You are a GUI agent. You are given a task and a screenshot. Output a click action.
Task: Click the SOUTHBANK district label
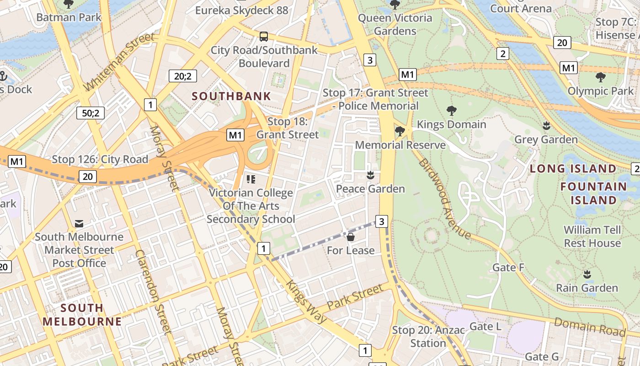click(x=231, y=97)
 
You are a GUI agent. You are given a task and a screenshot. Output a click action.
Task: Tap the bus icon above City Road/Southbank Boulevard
click(x=264, y=36)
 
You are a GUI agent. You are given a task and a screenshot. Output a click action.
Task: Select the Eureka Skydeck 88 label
click(x=242, y=10)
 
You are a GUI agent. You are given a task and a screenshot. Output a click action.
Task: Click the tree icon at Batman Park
click(x=69, y=5)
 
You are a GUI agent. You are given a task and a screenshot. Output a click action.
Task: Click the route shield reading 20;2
click(x=182, y=76)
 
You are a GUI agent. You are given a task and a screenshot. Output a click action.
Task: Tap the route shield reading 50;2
click(x=91, y=113)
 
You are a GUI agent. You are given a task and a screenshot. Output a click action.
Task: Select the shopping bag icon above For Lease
click(x=351, y=237)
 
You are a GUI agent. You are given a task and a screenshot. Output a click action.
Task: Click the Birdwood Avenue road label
click(x=444, y=199)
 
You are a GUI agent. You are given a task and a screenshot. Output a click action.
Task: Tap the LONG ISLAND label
click(x=573, y=169)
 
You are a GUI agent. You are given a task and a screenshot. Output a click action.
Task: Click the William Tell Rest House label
click(x=592, y=236)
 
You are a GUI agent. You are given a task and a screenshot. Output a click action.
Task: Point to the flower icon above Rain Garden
click(x=587, y=274)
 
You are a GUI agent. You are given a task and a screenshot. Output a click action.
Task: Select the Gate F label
click(x=508, y=267)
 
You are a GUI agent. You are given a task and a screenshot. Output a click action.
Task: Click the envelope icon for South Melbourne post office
click(x=79, y=223)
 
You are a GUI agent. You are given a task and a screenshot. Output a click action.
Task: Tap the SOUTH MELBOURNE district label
click(x=82, y=314)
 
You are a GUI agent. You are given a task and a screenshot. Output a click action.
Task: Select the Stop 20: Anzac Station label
click(x=428, y=336)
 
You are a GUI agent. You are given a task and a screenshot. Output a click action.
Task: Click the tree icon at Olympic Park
click(x=600, y=77)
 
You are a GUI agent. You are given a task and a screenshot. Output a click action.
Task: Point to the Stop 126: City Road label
click(x=100, y=159)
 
